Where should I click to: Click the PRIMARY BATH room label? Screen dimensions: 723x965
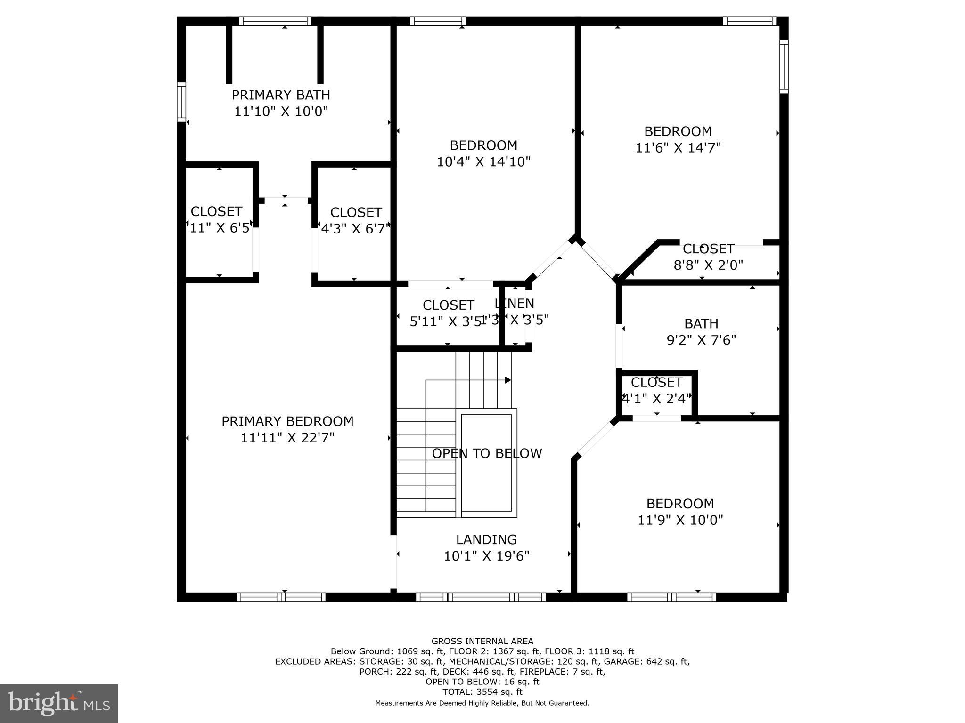tap(281, 95)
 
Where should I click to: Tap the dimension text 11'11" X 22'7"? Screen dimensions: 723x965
tap(287, 438)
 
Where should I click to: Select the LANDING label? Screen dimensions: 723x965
tap(486, 539)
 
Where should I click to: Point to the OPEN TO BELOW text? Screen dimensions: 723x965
tap(487, 453)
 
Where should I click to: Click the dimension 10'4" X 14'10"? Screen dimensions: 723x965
tap(483, 162)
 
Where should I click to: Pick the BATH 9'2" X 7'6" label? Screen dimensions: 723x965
tap(701, 332)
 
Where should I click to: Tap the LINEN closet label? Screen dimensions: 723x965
tap(515, 304)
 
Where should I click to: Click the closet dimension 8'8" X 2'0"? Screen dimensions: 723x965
tap(708, 265)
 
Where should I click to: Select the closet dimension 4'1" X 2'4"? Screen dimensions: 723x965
tap(656, 399)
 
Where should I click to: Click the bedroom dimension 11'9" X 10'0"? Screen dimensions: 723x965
tap(680, 520)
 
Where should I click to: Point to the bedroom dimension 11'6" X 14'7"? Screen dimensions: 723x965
tap(678, 148)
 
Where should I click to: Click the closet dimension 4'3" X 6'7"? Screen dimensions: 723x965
tap(356, 229)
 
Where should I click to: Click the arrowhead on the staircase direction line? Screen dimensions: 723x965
tap(508, 380)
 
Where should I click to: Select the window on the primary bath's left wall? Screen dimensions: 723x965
tap(181, 102)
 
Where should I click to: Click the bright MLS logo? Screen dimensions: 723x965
tap(59, 704)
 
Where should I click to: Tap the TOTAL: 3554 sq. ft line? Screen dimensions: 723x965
tap(482, 692)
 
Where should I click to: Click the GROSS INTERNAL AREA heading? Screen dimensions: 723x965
tap(482, 641)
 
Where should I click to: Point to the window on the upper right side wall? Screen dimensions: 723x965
tap(784, 66)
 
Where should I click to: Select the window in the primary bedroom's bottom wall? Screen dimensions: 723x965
tap(281, 597)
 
